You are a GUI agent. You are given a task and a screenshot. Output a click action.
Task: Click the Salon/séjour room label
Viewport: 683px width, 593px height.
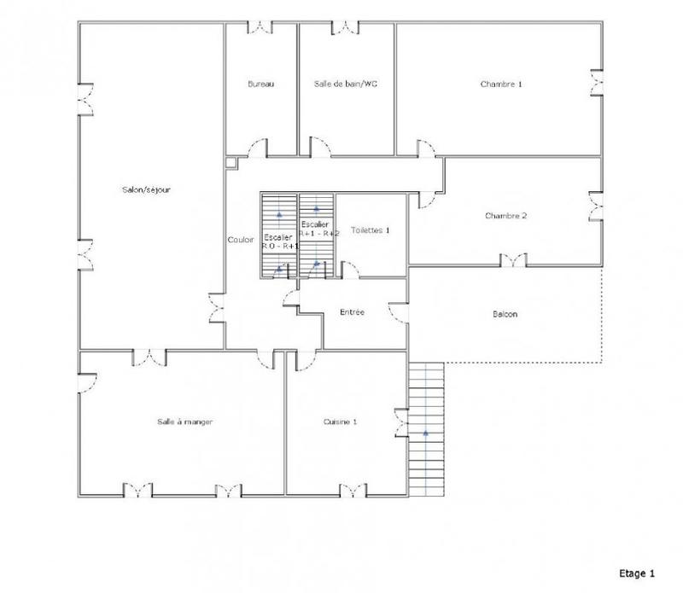pos(147,189)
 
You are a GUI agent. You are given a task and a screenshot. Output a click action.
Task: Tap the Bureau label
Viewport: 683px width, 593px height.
pos(260,84)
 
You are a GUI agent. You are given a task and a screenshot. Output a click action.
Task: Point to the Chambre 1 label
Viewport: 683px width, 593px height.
pos(501,84)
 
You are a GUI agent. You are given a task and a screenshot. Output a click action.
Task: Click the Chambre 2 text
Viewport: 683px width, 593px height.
pos(505,216)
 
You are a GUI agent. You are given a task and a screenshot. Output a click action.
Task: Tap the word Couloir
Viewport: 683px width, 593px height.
pos(241,240)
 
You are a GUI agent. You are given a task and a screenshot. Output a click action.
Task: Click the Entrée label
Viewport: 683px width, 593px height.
pos(352,312)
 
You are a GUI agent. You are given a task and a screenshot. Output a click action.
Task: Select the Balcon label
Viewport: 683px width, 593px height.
pos(505,314)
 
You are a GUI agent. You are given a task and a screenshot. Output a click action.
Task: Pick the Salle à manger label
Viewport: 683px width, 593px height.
pos(184,421)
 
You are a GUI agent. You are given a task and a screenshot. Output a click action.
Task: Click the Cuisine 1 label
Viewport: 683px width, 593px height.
pos(340,421)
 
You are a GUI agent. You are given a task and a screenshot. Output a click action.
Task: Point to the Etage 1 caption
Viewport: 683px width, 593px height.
pos(636,573)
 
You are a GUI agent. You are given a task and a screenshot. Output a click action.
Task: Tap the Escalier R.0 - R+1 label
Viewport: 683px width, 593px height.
pos(279,241)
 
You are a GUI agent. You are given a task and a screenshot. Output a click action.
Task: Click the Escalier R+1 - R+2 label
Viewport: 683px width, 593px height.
pos(317,229)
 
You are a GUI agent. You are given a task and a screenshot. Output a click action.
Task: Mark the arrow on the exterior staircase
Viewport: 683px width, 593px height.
pos(425,432)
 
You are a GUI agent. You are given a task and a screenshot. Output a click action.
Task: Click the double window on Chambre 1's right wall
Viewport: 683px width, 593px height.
pos(597,84)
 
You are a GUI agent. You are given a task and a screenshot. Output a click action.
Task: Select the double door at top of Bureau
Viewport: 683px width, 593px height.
pos(260,27)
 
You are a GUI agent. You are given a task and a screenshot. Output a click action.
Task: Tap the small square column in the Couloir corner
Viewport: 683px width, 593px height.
pos(231,161)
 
